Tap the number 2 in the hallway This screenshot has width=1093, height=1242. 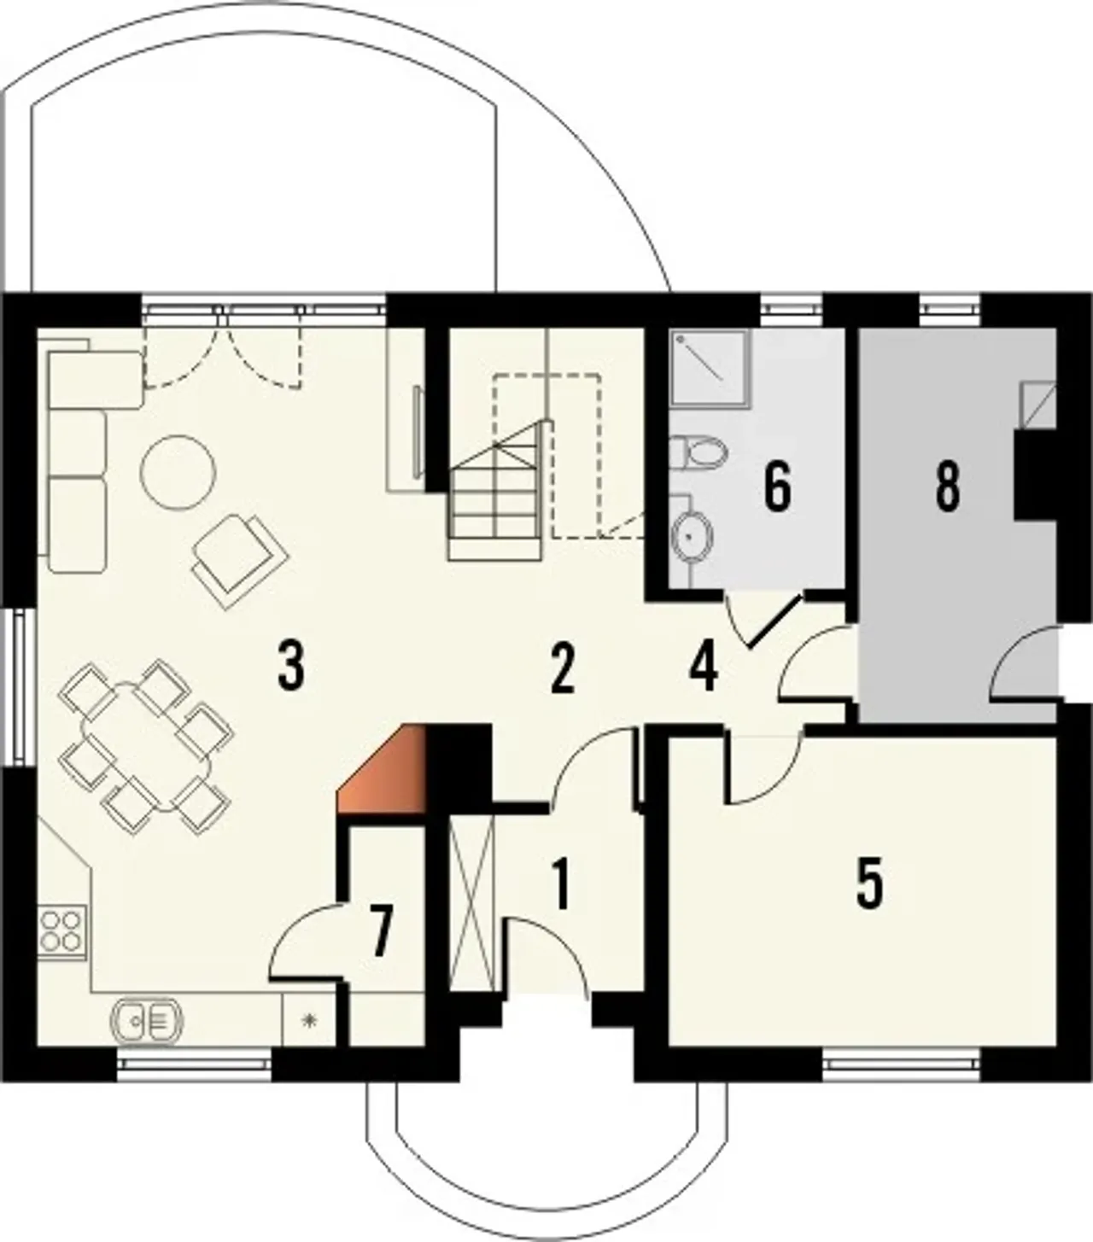pos(562,670)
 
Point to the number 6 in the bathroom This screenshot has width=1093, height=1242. pos(778,487)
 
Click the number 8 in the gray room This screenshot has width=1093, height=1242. pos(948,487)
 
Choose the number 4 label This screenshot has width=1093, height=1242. pos(704,668)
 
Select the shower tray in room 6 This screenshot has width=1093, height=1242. pos(710,369)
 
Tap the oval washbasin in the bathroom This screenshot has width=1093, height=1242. pos(693,536)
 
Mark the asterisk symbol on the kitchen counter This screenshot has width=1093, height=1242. pos(310,1020)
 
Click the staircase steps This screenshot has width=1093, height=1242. pos(497,491)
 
